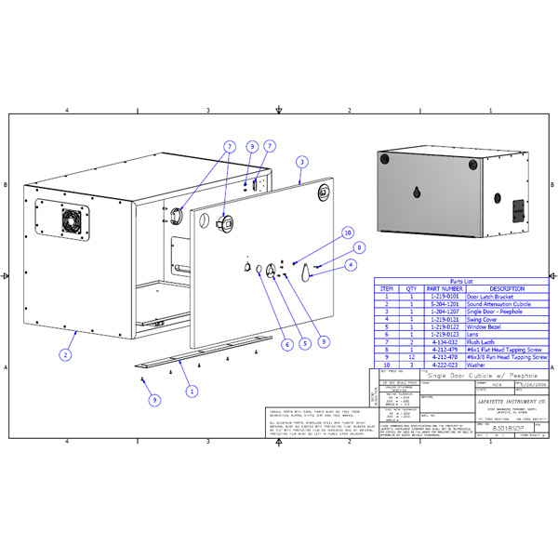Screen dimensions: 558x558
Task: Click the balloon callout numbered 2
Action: pyautogui.click(x=65, y=354)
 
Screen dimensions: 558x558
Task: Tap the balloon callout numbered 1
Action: pyautogui.click(x=192, y=392)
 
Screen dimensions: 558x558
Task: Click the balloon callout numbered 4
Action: pyautogui.click(x=351, y=265)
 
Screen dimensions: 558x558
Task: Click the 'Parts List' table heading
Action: pyautogui.click(x=461, y=280)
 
